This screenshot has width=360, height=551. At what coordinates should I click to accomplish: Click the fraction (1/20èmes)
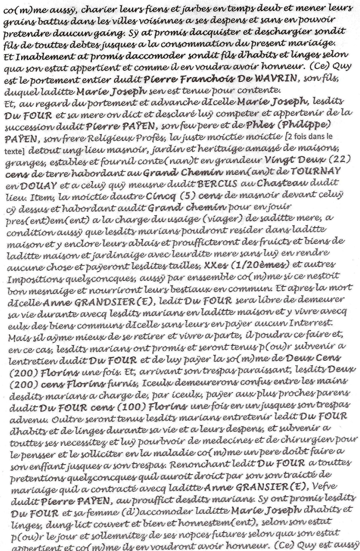(x=259, y=265)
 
